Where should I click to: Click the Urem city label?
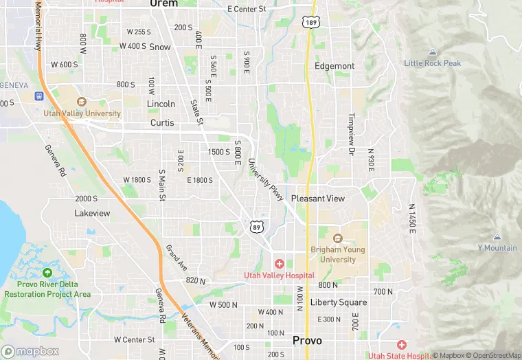coord(163,3)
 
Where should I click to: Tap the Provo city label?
coord(307,340)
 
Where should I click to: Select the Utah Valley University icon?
coord(82,102)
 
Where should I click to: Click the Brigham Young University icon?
coord(337,238)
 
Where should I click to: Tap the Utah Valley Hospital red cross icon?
coord(280,264)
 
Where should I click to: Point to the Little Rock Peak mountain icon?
coord(432,53)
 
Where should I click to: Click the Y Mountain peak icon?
coord(497,236)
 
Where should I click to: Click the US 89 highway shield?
coord(256,227)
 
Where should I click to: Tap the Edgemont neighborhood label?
coord(334,66)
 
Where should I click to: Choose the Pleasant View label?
coord(318,198)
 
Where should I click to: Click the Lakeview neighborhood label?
coord(92,213)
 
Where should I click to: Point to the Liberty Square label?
coord(339,302)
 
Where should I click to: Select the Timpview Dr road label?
coord(352,127)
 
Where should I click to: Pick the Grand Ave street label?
coord(177,258)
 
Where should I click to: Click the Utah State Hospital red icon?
coord(401,344)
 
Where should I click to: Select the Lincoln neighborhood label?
coord(161,104)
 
